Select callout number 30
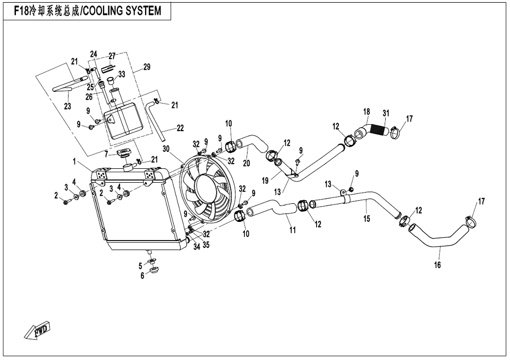pos(166,149)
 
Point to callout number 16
pos(437,265)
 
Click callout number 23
pos(67,106)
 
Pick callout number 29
pos(147,67)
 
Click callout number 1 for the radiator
pos(74,161)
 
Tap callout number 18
pos(367,112)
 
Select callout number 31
pos(386,114)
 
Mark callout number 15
pos(367,219)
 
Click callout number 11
pos(293,230)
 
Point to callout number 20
pos(246,163)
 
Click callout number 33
pos(122,74)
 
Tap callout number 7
pos(106,155)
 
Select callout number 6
pos(142,276)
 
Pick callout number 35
pos(206,245)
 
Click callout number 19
pos(266,181)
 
